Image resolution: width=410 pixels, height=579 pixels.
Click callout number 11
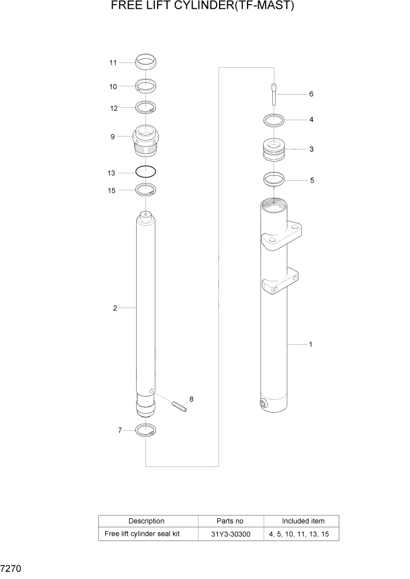(x=113, y=62)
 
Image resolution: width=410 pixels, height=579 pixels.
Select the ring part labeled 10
(x=145, y=86)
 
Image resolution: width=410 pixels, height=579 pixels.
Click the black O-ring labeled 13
(x=145, y=172)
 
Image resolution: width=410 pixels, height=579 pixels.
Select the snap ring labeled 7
(x=145, y=431)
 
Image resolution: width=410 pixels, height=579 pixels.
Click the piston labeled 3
(x=273, y=150)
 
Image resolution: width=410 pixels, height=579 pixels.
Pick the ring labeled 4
(x=273, y=120)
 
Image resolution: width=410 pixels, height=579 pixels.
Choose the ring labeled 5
(x=273, y=179)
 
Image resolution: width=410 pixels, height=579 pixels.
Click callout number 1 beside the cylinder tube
(x=310, y=344)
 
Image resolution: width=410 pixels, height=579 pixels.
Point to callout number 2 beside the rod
(x=115, y=308)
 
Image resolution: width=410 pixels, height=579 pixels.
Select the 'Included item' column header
(x=303, y=521)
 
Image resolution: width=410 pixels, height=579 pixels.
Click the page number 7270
(x=11, y=567)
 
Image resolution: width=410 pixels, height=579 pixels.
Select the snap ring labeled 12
(x=145, y=108)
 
